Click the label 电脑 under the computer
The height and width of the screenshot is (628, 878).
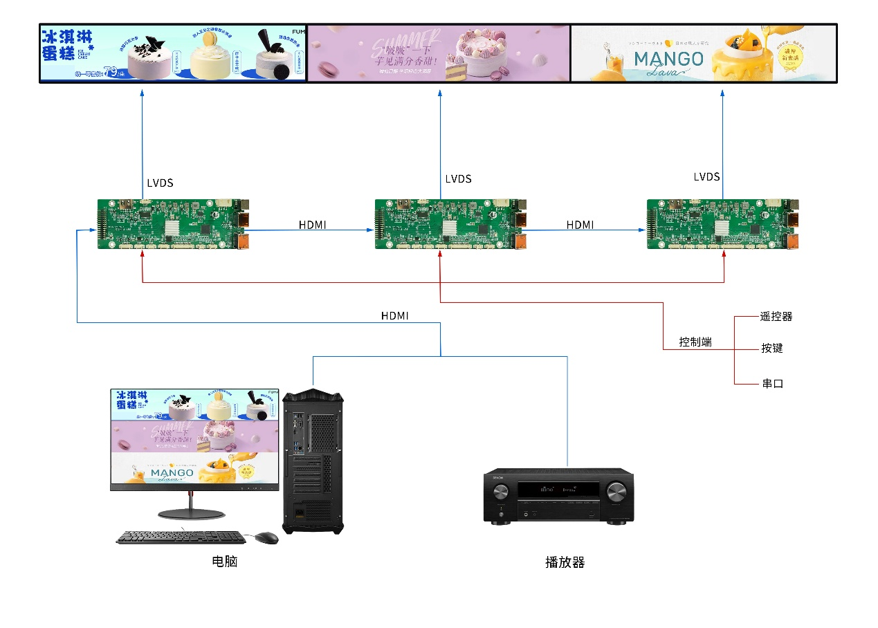click(225, 562)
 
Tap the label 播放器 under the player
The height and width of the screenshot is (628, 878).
click(565, 562)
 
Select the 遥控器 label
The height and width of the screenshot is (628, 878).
click(776, 317)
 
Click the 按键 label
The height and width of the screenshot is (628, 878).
click(772, 348)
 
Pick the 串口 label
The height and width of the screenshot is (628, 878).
click(772, 383)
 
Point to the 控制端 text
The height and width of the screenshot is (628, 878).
click(695, 342)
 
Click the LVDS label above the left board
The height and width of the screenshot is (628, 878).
click(160, 183)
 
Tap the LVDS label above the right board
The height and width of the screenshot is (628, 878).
click(706, 177)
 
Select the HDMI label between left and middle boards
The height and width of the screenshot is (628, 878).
click(312, 225)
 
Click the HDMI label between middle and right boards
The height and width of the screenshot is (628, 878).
click(580, 225)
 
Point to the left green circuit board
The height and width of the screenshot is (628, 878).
click(172, 224)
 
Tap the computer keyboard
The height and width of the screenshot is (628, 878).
click(180, 537)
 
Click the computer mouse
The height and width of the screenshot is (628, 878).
click(266, 538)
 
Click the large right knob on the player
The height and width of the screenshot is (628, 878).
click(616, 492)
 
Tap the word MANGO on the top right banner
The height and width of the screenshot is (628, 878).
click(668, 59)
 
